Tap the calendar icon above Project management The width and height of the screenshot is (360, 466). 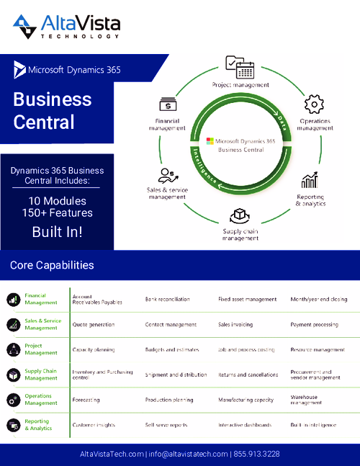[x=240, y=68]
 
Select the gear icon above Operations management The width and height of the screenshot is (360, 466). [x=315, y=105]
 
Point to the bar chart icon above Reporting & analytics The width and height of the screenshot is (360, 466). [x=310, y=180]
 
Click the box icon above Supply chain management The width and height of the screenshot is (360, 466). [x=240, y=215]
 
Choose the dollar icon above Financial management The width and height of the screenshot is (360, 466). [x=168, y=104]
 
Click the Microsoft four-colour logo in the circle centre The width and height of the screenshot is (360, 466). [x=210, y=142]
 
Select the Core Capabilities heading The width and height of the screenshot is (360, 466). [x=52, y=265]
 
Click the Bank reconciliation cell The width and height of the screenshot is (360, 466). [x=168, y=299]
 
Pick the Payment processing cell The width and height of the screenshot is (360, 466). [x=315, y=325]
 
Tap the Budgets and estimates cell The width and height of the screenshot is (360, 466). [x=170, y=349]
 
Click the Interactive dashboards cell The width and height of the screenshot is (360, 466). [x=245, y=425]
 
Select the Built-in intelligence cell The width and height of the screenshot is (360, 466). [x=313, y=425]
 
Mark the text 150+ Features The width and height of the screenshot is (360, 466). [x=56, y=213]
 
